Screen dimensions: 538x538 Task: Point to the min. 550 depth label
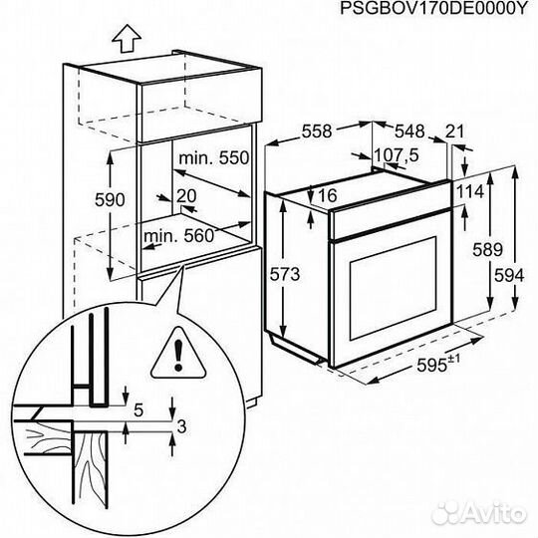point(213,158)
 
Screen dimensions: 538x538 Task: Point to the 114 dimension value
point(470,190)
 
